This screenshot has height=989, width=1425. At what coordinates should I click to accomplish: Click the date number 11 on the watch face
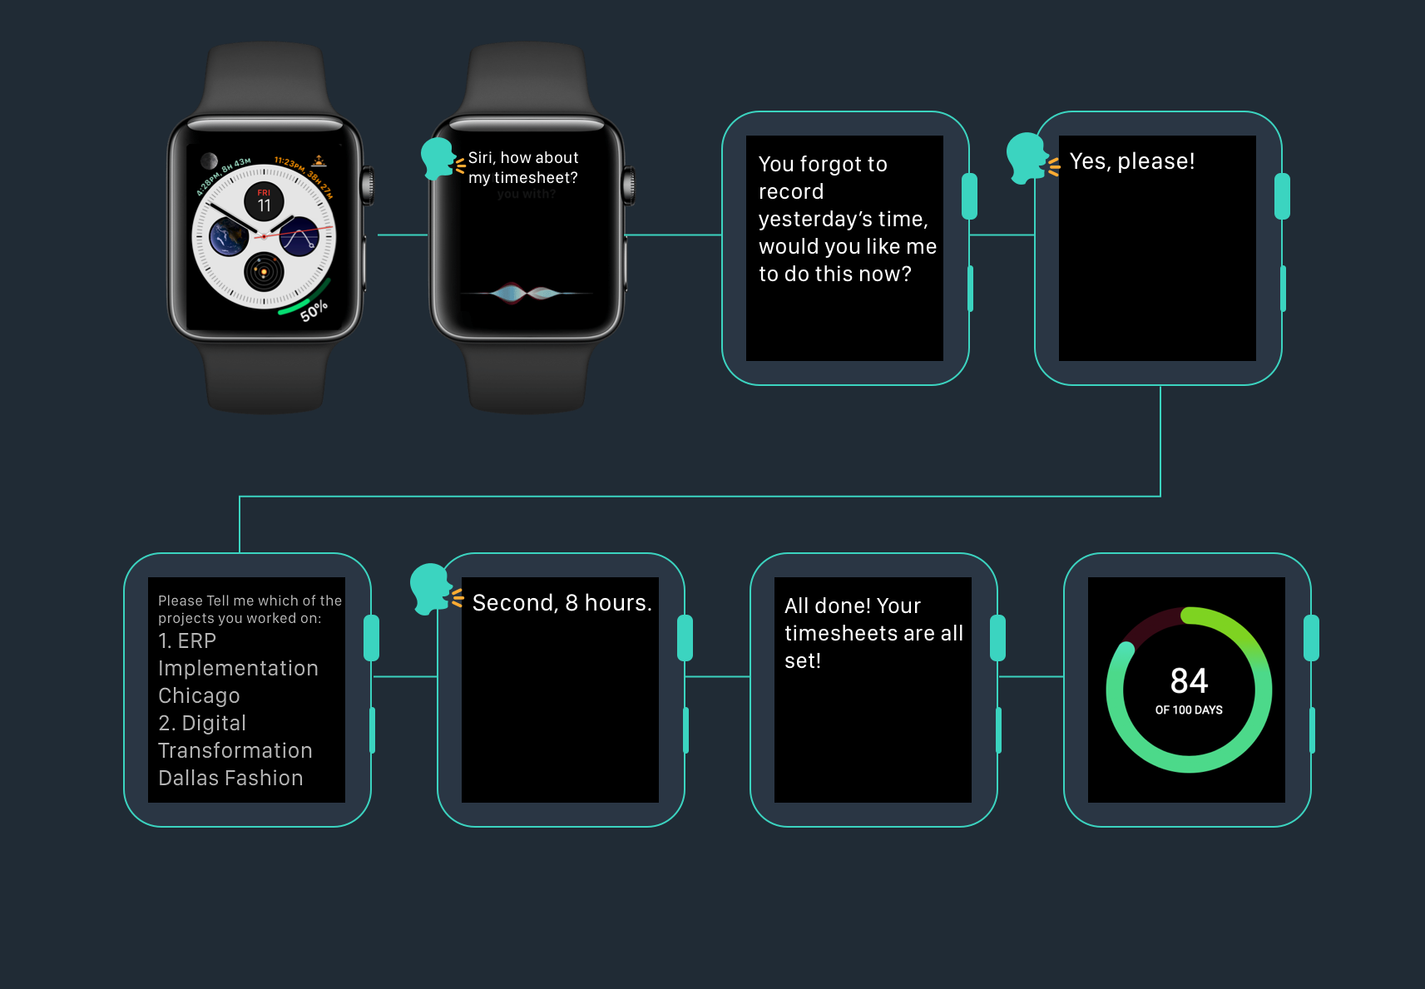click(264, 205)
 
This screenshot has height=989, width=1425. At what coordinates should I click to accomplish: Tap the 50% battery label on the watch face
click(314, 311)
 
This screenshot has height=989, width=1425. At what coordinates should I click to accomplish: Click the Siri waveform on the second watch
click(526, 293)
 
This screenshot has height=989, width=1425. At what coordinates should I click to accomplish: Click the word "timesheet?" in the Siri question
click(536, 178)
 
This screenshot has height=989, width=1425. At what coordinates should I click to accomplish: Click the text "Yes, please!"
click(1131, 161)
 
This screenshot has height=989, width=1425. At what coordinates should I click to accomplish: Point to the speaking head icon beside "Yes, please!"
click(1027, 157)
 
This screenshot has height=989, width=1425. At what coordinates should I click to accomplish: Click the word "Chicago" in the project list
click(199, 696)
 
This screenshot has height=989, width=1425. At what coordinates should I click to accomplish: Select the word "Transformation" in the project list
click(235, 751)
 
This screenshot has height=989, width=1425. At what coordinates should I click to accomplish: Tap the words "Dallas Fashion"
click(230, 779)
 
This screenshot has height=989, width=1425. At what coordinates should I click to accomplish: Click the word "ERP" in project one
click(197, 641)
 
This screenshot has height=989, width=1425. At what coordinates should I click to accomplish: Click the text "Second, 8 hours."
click(562, 603)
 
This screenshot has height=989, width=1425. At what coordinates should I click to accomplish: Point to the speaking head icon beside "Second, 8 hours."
click(431, 589)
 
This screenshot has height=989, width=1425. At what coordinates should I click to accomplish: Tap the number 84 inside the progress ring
click(1189, 681)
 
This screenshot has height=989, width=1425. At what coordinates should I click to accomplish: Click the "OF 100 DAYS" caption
click(1189, 710)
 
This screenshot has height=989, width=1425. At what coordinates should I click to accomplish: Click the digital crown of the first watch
click(367, 185)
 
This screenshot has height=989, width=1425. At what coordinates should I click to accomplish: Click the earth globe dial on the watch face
click(228, 236)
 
